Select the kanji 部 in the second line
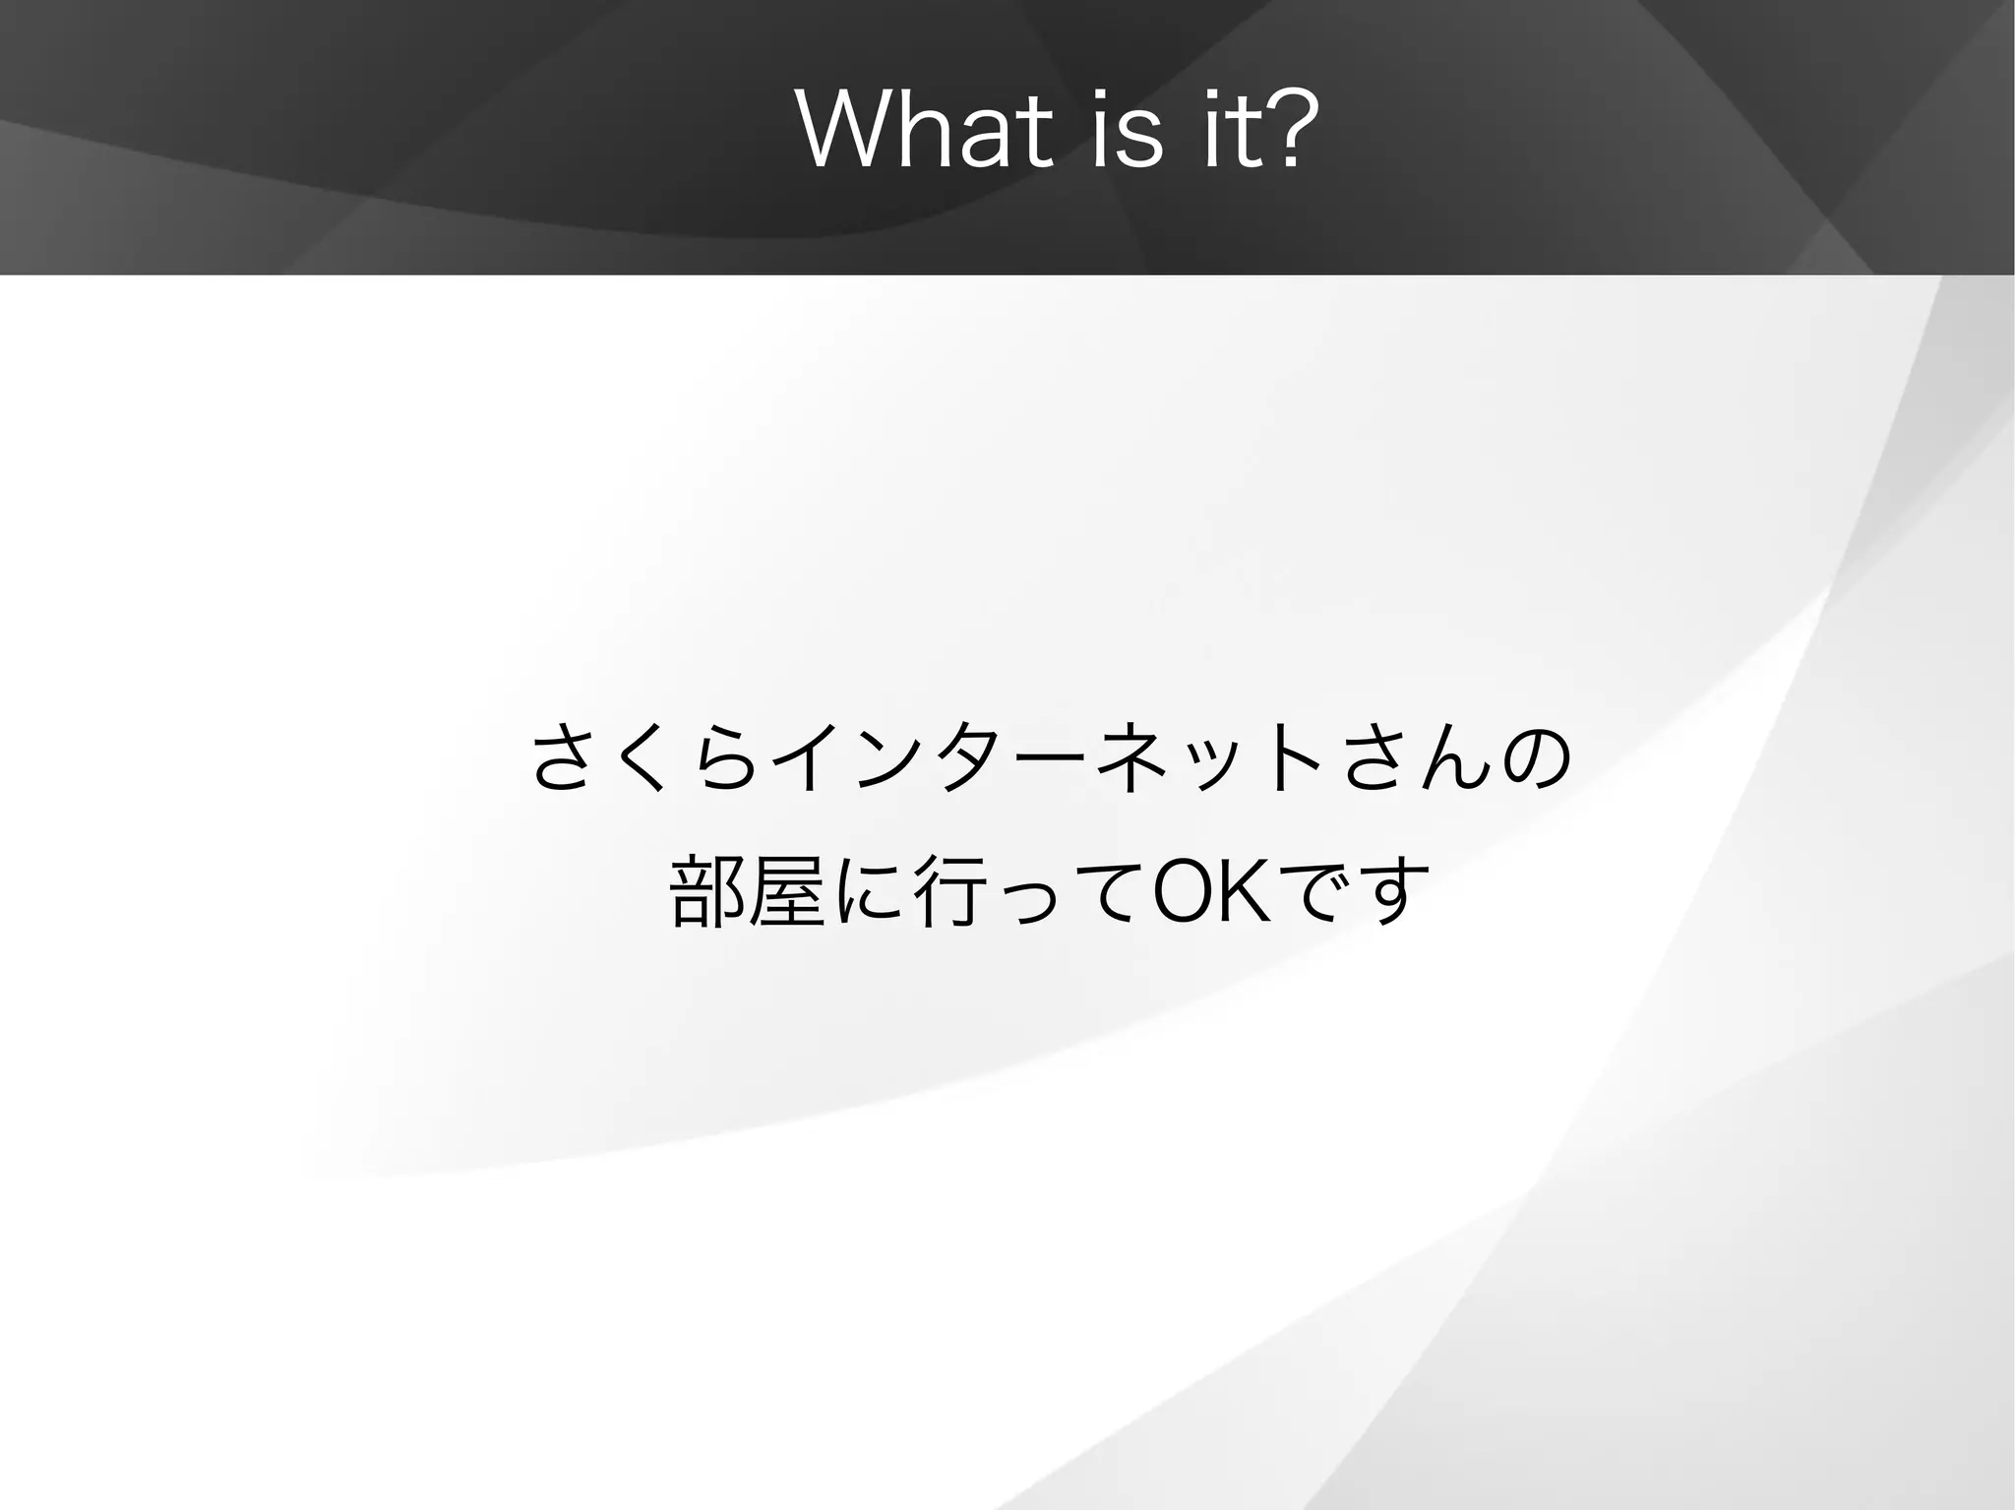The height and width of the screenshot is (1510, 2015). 706,892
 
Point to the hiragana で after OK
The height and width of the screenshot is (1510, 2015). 1317,892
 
